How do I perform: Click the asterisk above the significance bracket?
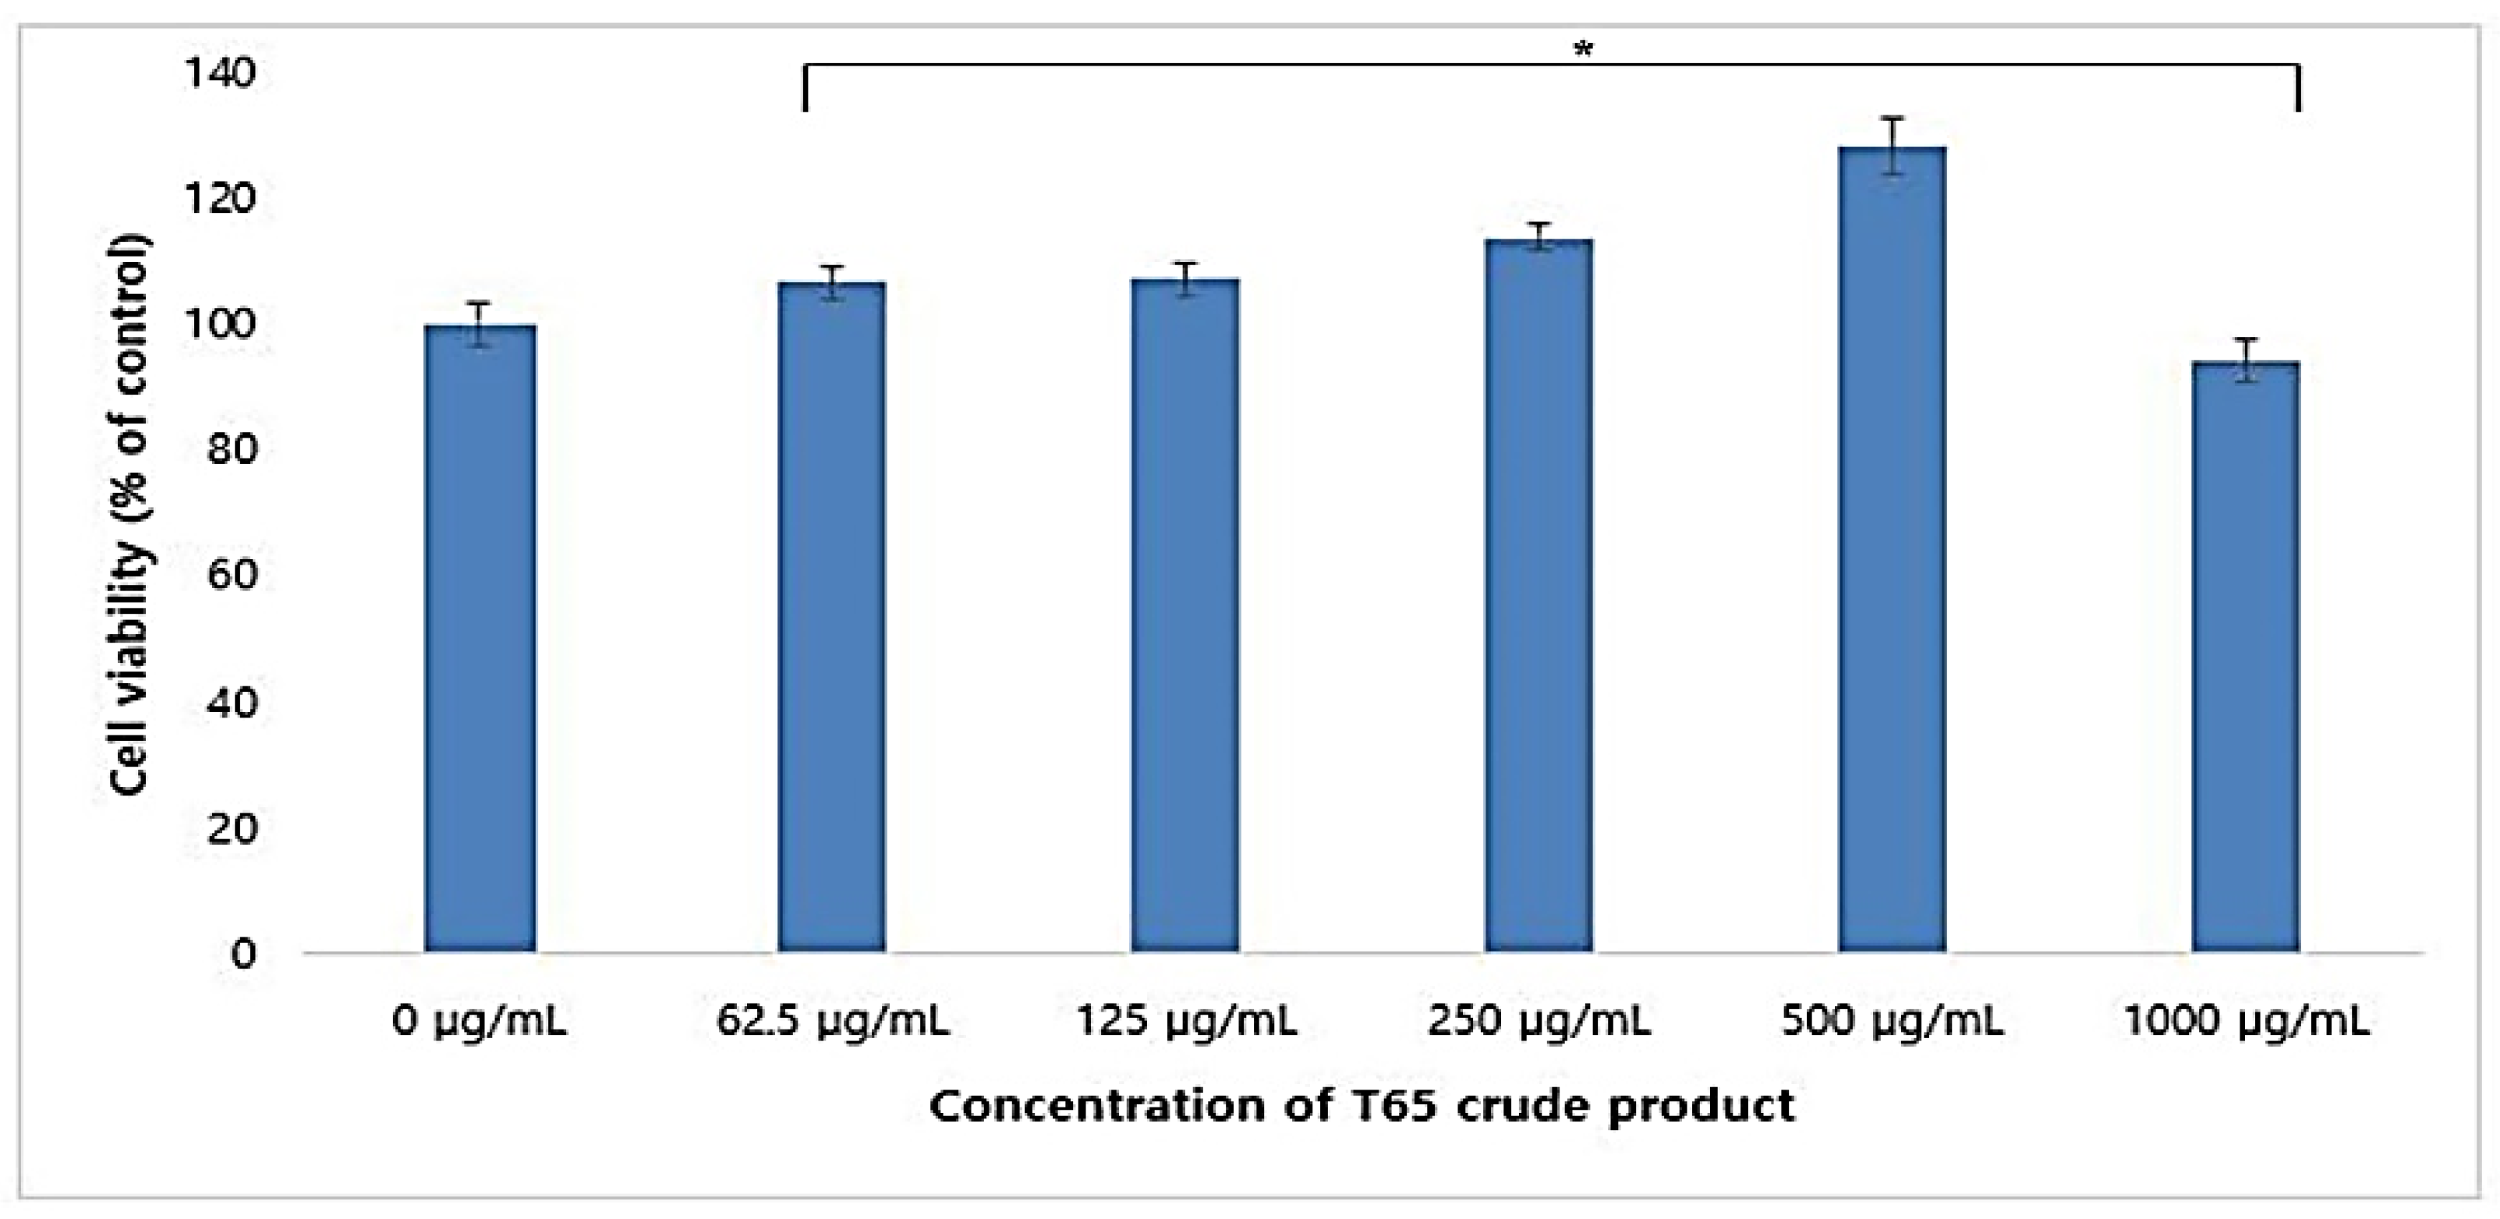(x=1583, y=49)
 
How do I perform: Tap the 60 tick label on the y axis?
(x=231, y=576)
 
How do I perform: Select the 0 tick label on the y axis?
(x=243, y=953)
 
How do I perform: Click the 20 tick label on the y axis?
(x=231, y=827)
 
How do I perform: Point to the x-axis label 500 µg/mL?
(x=1893, y=1022)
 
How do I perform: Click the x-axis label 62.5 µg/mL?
(x=832, y=1022)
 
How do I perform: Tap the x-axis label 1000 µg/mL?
(x=2247, y=1022)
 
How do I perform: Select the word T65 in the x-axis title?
(x=1393, y=1107)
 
